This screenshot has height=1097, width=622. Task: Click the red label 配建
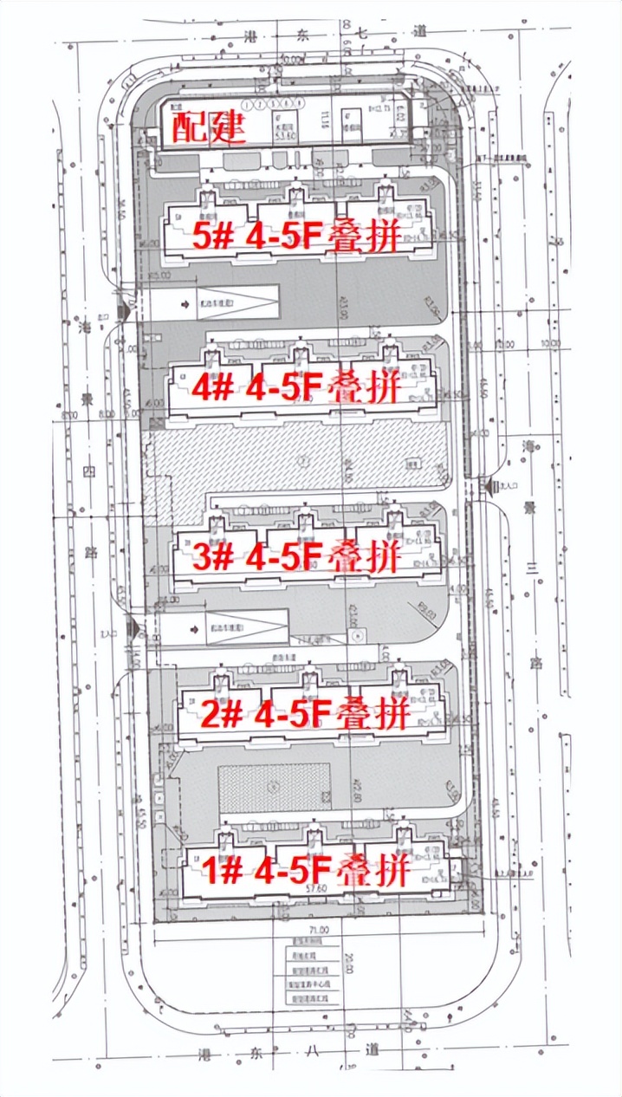pyautogui.click(x=209, y=128)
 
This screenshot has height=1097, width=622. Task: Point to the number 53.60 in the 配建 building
pyautogui.click(x=282, y=136)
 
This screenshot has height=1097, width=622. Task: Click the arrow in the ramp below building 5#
pyautogui.click(x=186, y=305)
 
